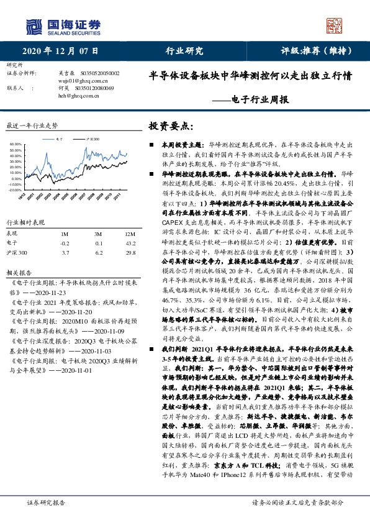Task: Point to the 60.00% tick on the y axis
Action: tap(17, 144)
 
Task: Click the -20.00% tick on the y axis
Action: tap(16, 189)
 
